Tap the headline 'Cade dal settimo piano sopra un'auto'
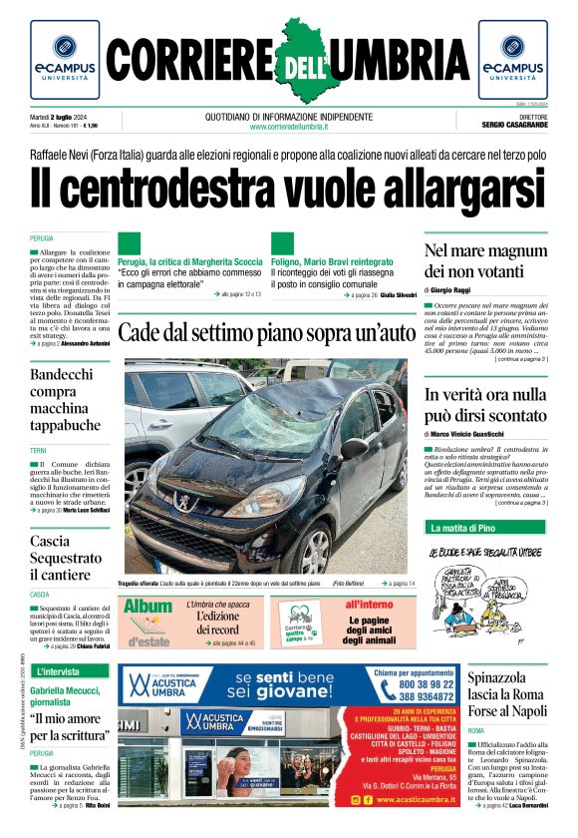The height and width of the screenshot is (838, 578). [265, 332]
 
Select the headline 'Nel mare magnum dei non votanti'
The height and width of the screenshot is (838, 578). [485, 260]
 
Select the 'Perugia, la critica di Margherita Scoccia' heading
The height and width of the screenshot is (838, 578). [189, 262]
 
